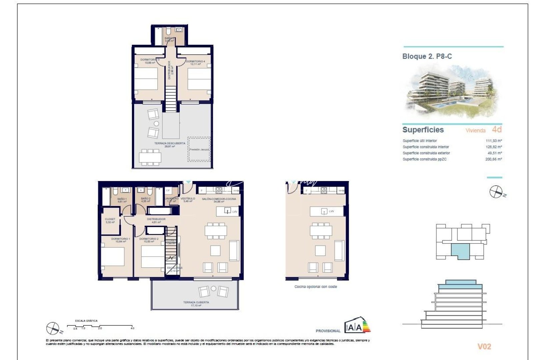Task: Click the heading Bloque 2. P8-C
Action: (427, 56)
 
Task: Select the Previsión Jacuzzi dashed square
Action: (199, 149)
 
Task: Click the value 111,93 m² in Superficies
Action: (494, 141)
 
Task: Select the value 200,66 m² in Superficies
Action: (493, 159)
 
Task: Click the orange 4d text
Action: (497, 129)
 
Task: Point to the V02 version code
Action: (484, 347)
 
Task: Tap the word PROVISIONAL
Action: (328, 331)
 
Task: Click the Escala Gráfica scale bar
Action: (100, 326)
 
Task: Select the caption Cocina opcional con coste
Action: (315, 287)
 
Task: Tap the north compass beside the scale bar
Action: (53, 328)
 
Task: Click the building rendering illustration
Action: (452, 92)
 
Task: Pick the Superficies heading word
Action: (423, 130)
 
